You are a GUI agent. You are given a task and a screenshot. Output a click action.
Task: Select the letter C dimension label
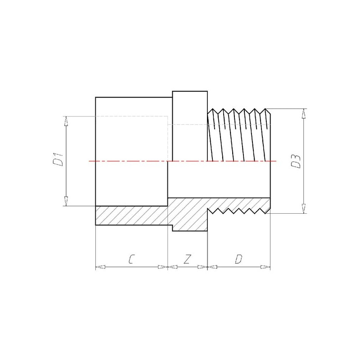click(x=131, y=259)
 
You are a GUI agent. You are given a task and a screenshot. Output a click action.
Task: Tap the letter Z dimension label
click(x=188, y=259)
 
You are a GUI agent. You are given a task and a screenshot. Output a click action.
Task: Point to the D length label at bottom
click(x=238, y=259)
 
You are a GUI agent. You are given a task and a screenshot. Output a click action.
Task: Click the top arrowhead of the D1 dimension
click(x=66, y=121)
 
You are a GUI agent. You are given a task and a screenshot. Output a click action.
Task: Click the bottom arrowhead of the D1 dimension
click(x=66, y=201)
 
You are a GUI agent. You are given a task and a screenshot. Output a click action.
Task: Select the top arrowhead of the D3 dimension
click(x=304, y=113)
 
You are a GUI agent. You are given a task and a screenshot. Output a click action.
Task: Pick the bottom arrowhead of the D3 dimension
click(x=304, y=209)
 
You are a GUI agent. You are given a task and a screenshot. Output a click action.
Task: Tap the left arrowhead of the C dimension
click(x=100, y=267)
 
